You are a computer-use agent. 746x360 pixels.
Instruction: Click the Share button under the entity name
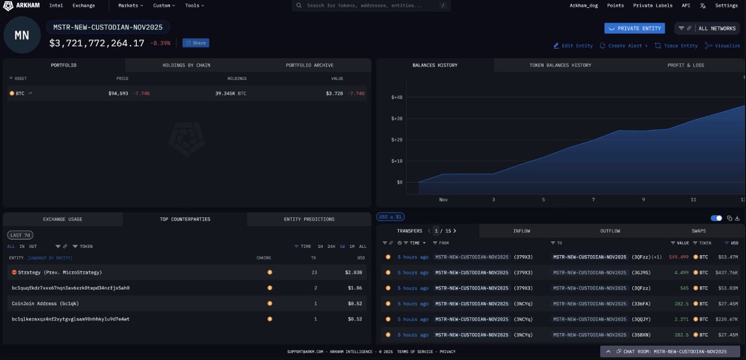tap(196, 43)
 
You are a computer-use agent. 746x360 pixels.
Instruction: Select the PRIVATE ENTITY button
tap(634, 28)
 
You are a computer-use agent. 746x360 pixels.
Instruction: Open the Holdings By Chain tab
tap(186, 65)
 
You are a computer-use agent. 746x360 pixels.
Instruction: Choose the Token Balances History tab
tap(560, 65)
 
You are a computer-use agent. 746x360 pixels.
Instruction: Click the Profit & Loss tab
tap(685, 65)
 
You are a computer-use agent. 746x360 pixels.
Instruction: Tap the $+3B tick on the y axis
tap(397, 118)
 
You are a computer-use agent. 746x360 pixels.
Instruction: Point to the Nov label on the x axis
tap(443, 200)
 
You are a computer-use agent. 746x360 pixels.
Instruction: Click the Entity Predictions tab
tap(309, 219)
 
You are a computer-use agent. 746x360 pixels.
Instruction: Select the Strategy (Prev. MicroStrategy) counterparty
tap(59, 273)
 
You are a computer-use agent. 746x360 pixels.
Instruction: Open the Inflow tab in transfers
tap(521, 231)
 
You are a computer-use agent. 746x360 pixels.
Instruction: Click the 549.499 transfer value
tap(679, 257)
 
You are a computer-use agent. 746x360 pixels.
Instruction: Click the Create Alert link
tap(624, 46)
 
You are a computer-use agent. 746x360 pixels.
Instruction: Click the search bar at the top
tap(371, 6)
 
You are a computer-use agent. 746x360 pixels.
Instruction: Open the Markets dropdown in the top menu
tap(130, 6)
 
